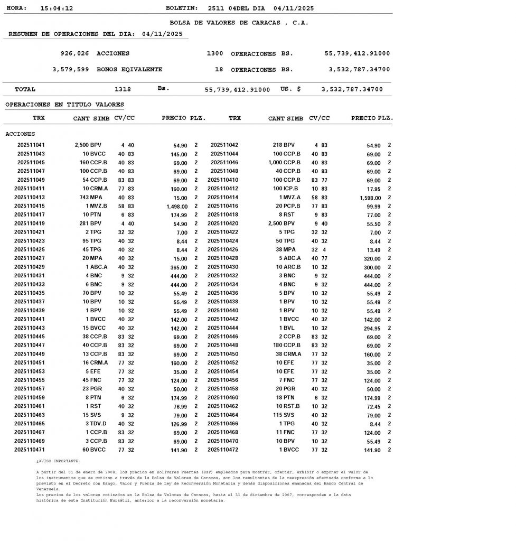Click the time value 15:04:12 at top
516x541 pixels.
57,8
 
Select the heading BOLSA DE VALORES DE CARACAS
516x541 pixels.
239,23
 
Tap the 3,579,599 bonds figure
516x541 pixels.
71,69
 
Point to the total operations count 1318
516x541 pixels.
123,89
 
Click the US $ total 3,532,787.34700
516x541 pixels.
352,89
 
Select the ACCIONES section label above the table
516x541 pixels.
20,134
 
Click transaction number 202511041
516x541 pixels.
31,145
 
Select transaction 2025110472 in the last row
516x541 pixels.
223,450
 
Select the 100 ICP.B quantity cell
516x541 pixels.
285,189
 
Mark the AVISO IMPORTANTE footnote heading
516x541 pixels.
58,461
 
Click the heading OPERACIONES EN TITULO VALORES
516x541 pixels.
64,105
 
